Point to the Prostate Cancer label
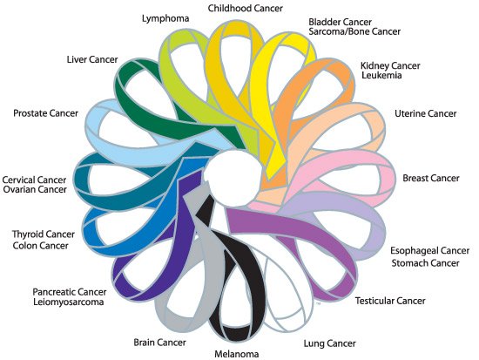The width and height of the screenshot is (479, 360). coord(46,113)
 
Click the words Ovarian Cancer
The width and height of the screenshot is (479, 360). coord(36,166)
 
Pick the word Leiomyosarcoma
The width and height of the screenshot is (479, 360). coord(69,302)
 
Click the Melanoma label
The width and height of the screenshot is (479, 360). coord(236,353)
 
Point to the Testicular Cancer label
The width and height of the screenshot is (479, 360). coord(390,302)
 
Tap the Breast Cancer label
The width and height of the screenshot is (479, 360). coord(430,179)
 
